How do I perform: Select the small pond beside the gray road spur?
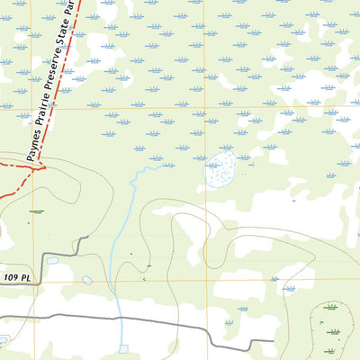tap(53, 261)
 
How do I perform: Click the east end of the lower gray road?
tap(272, 342)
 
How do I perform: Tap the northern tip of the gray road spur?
tap(86, 238)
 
